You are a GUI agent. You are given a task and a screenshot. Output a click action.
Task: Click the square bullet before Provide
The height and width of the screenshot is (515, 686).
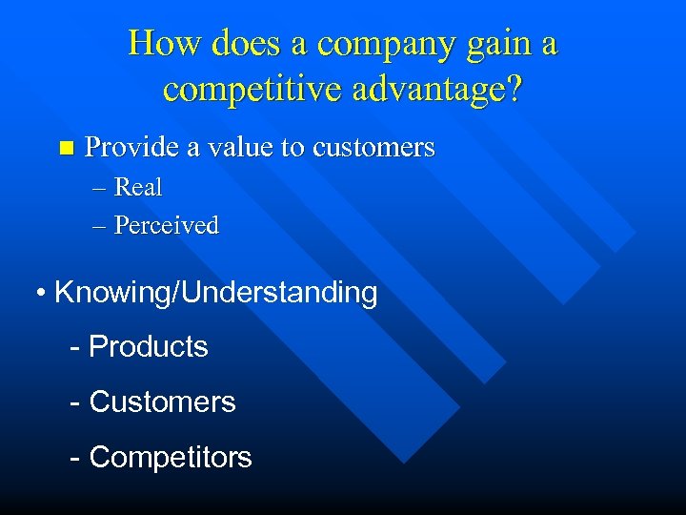65,148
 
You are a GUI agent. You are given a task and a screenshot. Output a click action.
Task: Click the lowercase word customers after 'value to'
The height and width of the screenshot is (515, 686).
373,148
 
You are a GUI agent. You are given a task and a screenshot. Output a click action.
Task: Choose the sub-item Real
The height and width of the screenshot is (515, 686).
138,188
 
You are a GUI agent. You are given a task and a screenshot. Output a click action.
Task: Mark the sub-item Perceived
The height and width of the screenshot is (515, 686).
167,226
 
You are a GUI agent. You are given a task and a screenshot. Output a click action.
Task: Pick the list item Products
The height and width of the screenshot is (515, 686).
148,346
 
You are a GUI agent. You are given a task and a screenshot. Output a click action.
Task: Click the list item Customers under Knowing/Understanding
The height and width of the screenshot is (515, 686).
162,402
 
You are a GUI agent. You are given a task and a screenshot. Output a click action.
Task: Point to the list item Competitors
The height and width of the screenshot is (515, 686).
170,457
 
